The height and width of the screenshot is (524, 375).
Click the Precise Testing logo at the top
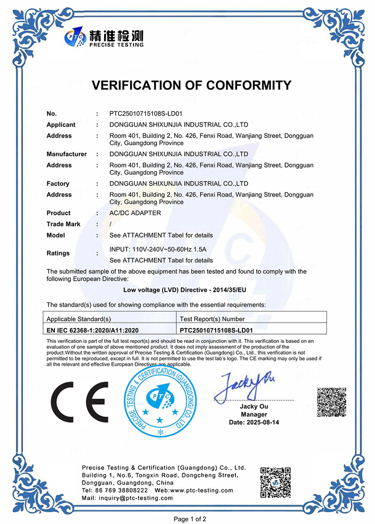104,37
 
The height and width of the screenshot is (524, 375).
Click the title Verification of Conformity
191,85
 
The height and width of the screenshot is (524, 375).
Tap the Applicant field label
61,125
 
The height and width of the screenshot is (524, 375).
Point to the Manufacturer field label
67,154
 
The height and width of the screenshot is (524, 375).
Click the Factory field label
58,183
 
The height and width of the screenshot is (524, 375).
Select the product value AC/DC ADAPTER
135,213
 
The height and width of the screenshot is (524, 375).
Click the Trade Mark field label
63,224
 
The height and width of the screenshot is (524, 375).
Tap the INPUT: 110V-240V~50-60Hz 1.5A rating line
157,249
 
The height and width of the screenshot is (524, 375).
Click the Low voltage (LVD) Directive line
185,290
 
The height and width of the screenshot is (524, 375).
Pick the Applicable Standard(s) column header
79,319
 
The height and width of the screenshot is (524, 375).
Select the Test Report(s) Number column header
212,319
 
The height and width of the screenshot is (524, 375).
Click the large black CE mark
80,402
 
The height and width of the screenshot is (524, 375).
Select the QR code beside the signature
331,401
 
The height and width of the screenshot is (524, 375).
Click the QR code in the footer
276,482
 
